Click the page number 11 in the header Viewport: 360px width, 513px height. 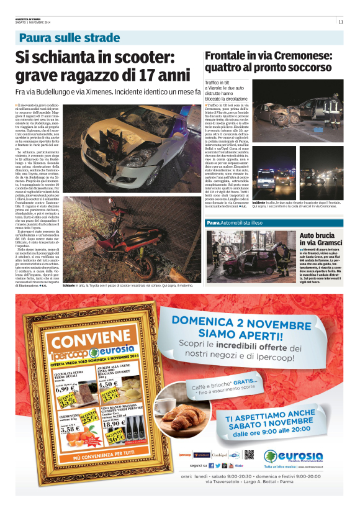[x=341, y=22]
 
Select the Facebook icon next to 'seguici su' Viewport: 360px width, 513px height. [x=211, y=465]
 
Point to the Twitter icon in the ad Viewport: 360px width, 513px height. [x=217, y=465]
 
